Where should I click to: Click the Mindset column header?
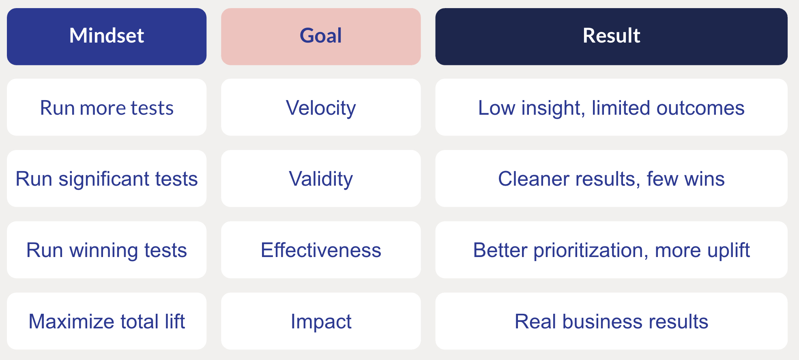tap(107, 36)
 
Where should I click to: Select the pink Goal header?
tap(321, 36)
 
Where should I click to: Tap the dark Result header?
tap(611, 36)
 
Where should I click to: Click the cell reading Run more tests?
tap(107, 108)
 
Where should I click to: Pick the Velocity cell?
tap(321, 108)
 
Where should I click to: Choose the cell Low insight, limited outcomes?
tap(611, 108)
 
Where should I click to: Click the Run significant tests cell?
tap(107, 179)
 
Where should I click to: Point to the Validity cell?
tap(321, 179)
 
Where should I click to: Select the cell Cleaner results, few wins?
tap(611, 179)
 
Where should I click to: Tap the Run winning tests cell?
tap(107, 250)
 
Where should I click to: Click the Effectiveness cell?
tap(321, 250)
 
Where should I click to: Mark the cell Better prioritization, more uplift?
tap(611, 250)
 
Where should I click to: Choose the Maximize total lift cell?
tap(107, 321)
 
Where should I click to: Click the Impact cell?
tap(321, 321)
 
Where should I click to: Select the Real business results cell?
tap(611, 321)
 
